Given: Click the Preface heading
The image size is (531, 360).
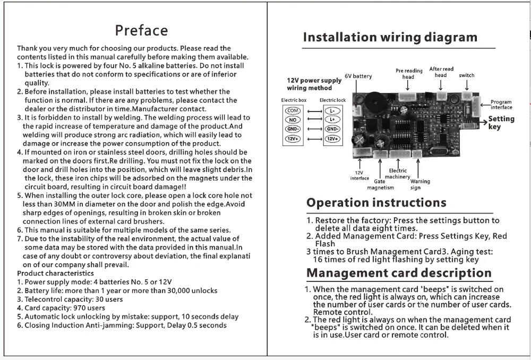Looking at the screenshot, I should pos(141,30).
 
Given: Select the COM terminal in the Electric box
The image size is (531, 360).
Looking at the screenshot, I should pos(293,110).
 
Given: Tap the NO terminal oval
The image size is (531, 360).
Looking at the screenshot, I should pos(293,120).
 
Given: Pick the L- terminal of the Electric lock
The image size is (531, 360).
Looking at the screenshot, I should pos(333,110).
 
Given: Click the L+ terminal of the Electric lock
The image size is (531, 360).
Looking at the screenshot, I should pos(333,120).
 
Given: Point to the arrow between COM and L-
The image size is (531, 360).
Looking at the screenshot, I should pos(313,111).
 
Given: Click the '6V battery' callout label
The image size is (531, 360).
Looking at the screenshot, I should pos(358,76).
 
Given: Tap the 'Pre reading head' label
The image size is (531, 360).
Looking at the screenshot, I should pos(409,73).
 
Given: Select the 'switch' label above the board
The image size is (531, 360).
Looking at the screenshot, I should pos(467,75).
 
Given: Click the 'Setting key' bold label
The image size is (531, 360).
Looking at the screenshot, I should pos(501,123).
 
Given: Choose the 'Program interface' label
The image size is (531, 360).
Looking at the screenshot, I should pos(501,105).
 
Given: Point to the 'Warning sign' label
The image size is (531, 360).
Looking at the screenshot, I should pos(419,184).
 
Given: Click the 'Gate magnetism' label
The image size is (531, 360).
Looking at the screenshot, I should pos(381,184).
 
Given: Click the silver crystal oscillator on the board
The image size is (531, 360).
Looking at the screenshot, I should pos(438,150).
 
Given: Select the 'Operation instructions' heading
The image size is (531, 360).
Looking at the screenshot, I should pos(376,203).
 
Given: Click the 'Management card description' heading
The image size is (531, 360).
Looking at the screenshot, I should pos(399,273).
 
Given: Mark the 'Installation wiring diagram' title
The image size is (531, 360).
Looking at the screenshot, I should pos(390,37).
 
